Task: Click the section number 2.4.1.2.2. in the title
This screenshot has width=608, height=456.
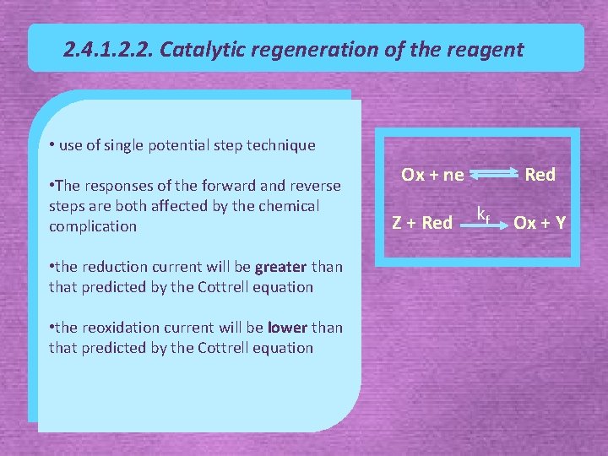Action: [107, 50]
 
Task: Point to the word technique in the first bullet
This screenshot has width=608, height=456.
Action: [281, 145]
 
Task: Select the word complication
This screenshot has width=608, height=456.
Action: [93, 226]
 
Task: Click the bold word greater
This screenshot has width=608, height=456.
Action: [280, 267]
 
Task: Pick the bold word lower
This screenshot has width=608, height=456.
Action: [287, 328]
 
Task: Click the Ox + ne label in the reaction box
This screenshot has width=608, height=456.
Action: [432, 175]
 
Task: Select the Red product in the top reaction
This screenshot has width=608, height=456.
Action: [540, 175]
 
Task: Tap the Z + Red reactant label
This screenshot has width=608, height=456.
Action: [422, 223]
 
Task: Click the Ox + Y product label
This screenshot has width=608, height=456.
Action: [540, 223]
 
